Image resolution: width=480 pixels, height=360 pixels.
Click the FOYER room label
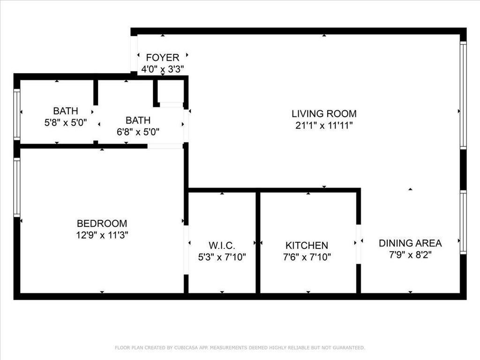point(162,58)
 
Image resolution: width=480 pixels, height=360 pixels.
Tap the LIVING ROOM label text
point(324,113)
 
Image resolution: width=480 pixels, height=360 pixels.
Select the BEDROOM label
point(102,224)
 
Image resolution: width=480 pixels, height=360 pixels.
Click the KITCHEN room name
point(307,245)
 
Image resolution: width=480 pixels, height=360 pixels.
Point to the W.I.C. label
point(222,245)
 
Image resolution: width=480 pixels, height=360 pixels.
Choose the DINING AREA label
point(410,243)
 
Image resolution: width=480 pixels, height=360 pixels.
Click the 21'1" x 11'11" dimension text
point(324,125)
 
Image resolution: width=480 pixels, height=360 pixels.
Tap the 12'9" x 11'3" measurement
point(102,235)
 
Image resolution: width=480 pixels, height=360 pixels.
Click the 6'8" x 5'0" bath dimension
point(138,132)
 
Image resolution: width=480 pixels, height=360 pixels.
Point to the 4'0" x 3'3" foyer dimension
point(162,69)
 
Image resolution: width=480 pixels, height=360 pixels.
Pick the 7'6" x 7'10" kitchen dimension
point(307,257)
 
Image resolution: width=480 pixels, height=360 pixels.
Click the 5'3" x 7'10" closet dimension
point(222,257)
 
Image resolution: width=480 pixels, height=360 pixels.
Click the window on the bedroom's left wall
point(17,187)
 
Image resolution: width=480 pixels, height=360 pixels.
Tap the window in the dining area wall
point(463,222)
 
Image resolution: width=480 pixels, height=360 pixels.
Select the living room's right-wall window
point(463,96)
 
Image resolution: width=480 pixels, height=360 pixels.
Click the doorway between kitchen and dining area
point(359,244)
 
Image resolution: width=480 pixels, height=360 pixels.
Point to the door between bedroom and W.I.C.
point(186,250)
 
